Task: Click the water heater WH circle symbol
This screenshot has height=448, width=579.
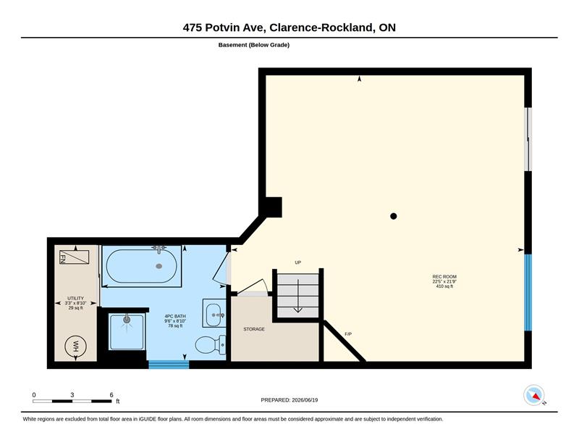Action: click(75, 347)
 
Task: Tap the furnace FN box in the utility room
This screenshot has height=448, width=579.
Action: click(75, 257)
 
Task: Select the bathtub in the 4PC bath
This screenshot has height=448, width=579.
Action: click(141, 266)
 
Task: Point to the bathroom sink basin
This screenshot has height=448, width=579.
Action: click(213, 315)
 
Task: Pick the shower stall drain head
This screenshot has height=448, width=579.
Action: click(127, 319)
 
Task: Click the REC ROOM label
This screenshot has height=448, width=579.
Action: click(444, 276)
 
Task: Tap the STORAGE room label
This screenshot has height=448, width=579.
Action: click(254, 329)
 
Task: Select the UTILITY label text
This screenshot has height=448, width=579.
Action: click(75, 298)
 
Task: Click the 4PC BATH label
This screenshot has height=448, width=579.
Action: click(175, 316)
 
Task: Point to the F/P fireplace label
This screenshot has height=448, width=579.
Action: click(348, 334)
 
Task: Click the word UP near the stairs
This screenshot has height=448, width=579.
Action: click(298, 262)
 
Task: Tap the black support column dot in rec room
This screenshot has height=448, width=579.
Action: click(394, 216)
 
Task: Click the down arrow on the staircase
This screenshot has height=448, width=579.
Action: click(297, 296)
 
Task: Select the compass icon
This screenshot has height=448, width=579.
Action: click(534, 395)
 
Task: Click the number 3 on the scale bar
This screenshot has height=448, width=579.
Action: click(72, 395)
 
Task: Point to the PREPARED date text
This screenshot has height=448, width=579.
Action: click(289, 400)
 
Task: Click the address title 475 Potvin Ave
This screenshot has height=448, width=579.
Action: click(224, 28)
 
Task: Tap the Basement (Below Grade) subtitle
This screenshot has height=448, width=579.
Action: click(254, 45)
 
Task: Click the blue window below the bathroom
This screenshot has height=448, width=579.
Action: click(169, 365)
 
